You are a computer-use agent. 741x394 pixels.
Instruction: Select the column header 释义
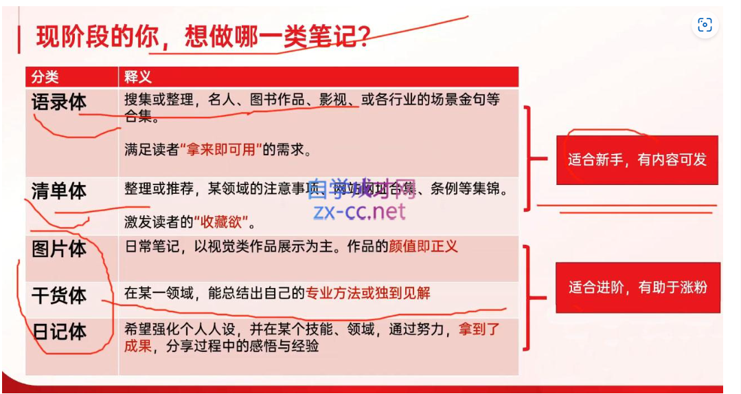pyautogui.click(x=137, y=76)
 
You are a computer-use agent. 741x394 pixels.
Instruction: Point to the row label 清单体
pyautogui.click(x=59, y=191)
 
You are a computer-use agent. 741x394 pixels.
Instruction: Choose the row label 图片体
pyautogui.click(x=59, y=249)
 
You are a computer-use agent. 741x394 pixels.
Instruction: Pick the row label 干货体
pyautogui.click(x=59, y=296)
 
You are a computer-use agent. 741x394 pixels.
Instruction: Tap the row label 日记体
pyautogui.click(x=59, y=331)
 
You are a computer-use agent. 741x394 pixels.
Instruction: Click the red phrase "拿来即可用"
pyautogui.click(x=221, y=149)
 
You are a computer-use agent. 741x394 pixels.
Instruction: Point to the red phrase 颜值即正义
pyautogui.click(x=423, y=246)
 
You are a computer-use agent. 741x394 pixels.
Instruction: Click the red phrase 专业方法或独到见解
pyautogui.click(x=368, y=293)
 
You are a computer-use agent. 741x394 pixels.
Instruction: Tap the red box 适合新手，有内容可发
pyautogui.click(x=637, y=160)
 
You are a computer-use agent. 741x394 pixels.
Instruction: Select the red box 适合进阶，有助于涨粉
pyautogui.click(x=637, y=287)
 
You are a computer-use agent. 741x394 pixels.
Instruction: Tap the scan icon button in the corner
pyautogui.click(x=705, y=25)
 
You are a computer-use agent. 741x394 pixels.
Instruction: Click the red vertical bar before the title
pyautogui.click(x=19, y=38)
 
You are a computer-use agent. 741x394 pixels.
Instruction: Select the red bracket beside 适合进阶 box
pyautogui.click(x=529, y=296)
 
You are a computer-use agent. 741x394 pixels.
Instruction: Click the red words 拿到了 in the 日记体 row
pyautogui.click(x=480, y=329)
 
